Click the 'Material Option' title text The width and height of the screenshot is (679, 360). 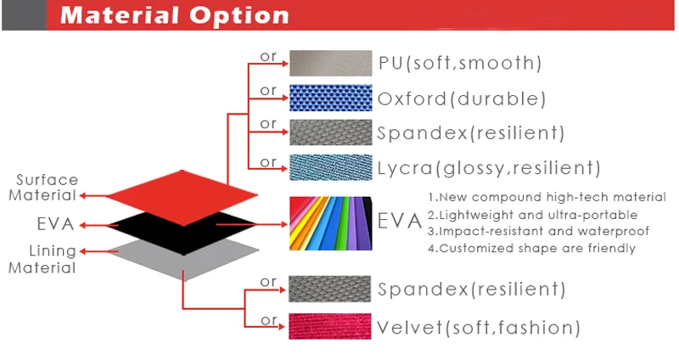tap(175, 15)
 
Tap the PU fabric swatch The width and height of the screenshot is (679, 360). tap(330, 63)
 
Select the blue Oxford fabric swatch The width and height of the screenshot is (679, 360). tap(330, 98)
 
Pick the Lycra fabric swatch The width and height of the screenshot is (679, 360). tap(330, 167)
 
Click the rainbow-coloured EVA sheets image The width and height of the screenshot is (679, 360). tap(330, 223)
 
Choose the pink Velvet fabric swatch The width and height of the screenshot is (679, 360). tap(330, 326)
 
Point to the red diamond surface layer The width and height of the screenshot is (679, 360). tap(182, 198)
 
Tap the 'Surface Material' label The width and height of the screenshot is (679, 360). tap(43, 188)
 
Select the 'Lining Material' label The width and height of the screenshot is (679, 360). tap(42, 260)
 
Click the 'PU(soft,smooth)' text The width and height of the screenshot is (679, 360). tap(460, 63)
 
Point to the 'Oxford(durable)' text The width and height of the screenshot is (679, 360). tap(462, 98)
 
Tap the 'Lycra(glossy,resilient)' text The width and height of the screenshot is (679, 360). tap(489, 168)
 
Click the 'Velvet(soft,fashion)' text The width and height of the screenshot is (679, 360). tap(479, 328)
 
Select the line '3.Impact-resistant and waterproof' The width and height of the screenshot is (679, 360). tap(539, 231)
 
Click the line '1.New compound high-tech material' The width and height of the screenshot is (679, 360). tap(547, 197)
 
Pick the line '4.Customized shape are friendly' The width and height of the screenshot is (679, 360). tap(532, 248)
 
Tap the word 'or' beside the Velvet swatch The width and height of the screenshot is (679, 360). tap(269, 321)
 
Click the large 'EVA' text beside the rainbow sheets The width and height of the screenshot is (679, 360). tap(399, 221)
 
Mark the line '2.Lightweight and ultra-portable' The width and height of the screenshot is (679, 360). tap(533, 215)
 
